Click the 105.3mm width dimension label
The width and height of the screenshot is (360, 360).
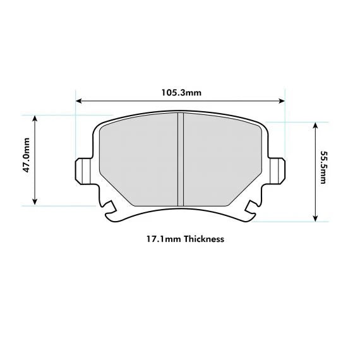181,93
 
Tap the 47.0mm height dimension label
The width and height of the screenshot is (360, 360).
26,160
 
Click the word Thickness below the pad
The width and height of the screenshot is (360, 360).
203,239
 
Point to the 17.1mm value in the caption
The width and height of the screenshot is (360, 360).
160,239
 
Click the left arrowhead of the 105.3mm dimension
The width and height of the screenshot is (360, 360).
78,100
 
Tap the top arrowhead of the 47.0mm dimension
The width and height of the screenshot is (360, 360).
35,118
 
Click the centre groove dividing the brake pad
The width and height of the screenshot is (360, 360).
180,159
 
